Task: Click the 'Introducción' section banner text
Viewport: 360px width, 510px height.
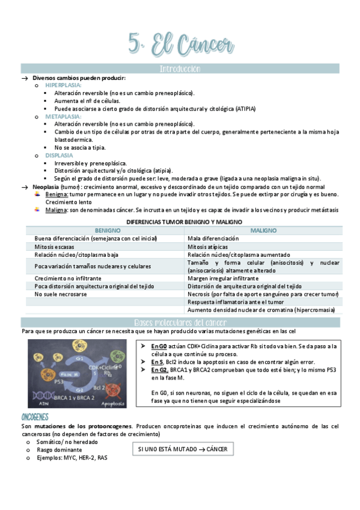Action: click(180, 69)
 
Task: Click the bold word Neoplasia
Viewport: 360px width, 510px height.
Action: click(46, 186)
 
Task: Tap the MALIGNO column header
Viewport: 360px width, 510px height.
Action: click(263, 230)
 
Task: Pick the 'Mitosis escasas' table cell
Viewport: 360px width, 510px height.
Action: click(55, 247)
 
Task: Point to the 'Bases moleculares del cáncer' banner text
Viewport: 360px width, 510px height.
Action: click(180, 322)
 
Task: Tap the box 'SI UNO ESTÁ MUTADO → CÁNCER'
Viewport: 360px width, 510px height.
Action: click(183, 449)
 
